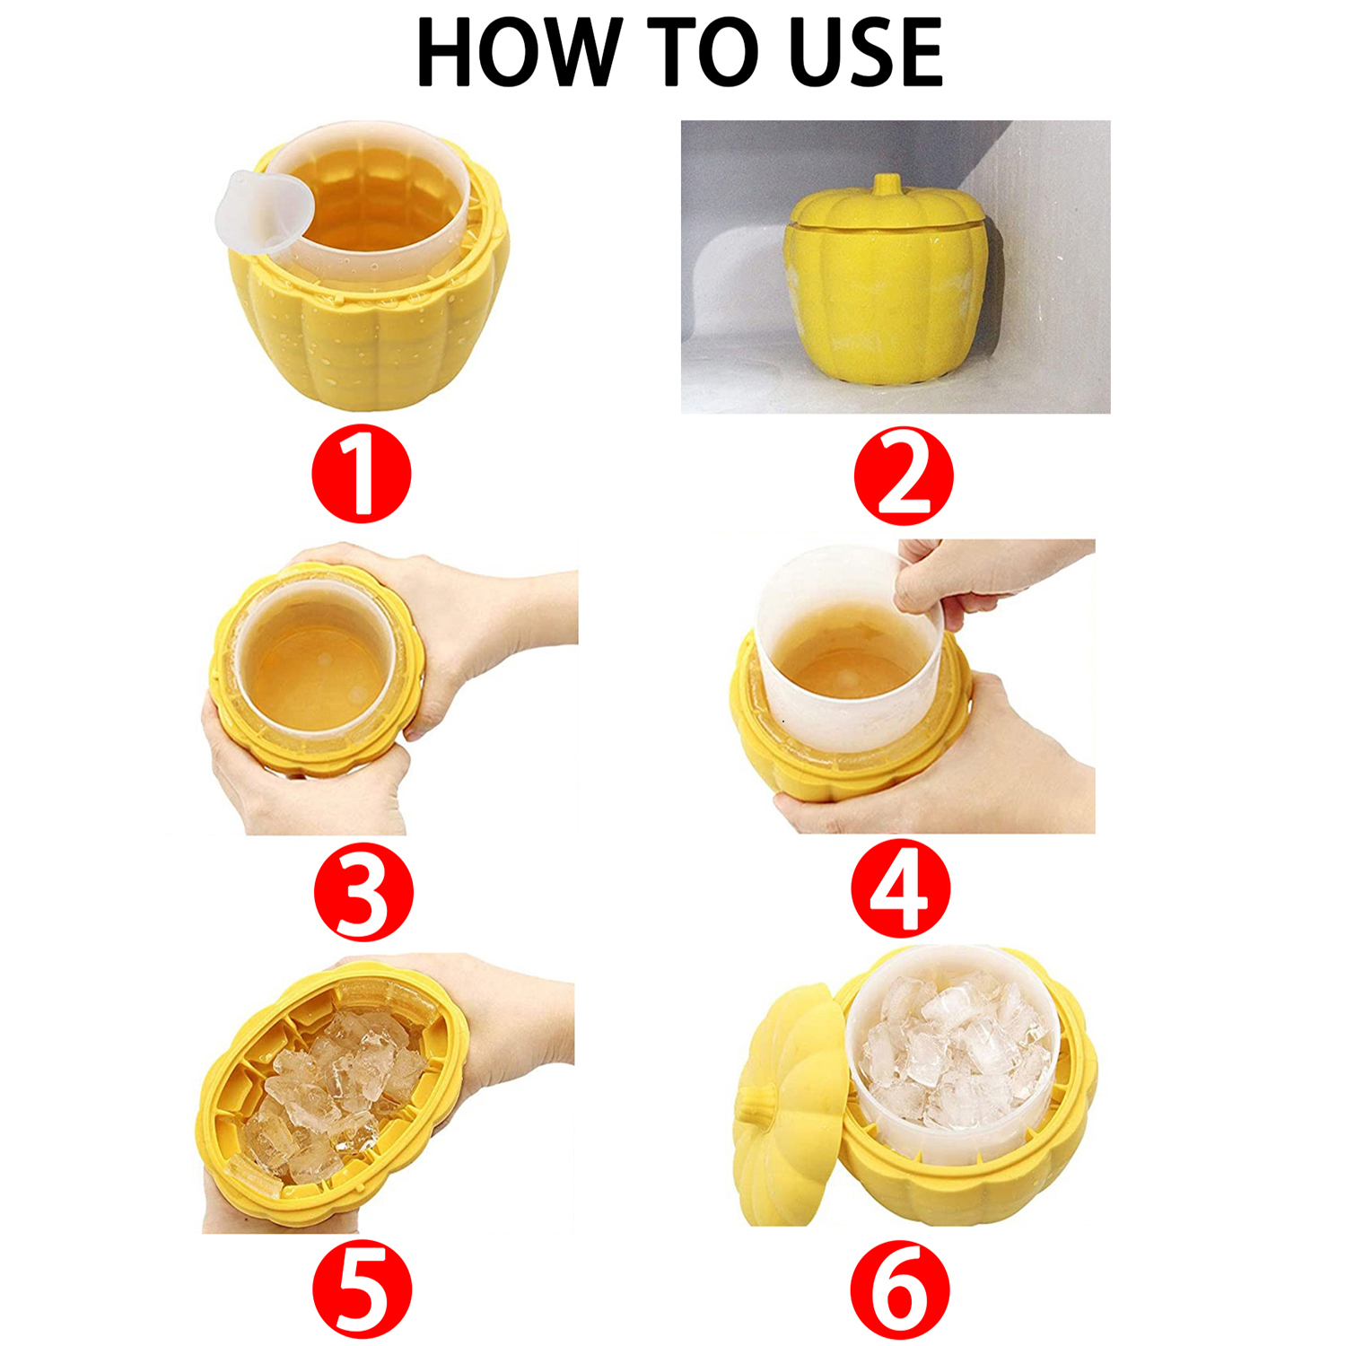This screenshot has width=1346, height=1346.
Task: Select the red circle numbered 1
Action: click(x=361, y=474)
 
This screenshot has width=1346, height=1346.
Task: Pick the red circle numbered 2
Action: click(x=903, y=476)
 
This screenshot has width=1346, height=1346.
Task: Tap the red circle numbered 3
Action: click(x=363, y=892)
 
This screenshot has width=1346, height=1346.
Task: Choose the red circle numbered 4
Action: click(x=900, y=889)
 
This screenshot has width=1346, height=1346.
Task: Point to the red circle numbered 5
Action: click(x=362, y=1289)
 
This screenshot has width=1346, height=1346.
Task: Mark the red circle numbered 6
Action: click(x=900, y=1289)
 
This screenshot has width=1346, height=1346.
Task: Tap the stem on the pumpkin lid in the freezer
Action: click(x=887, y=185)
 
